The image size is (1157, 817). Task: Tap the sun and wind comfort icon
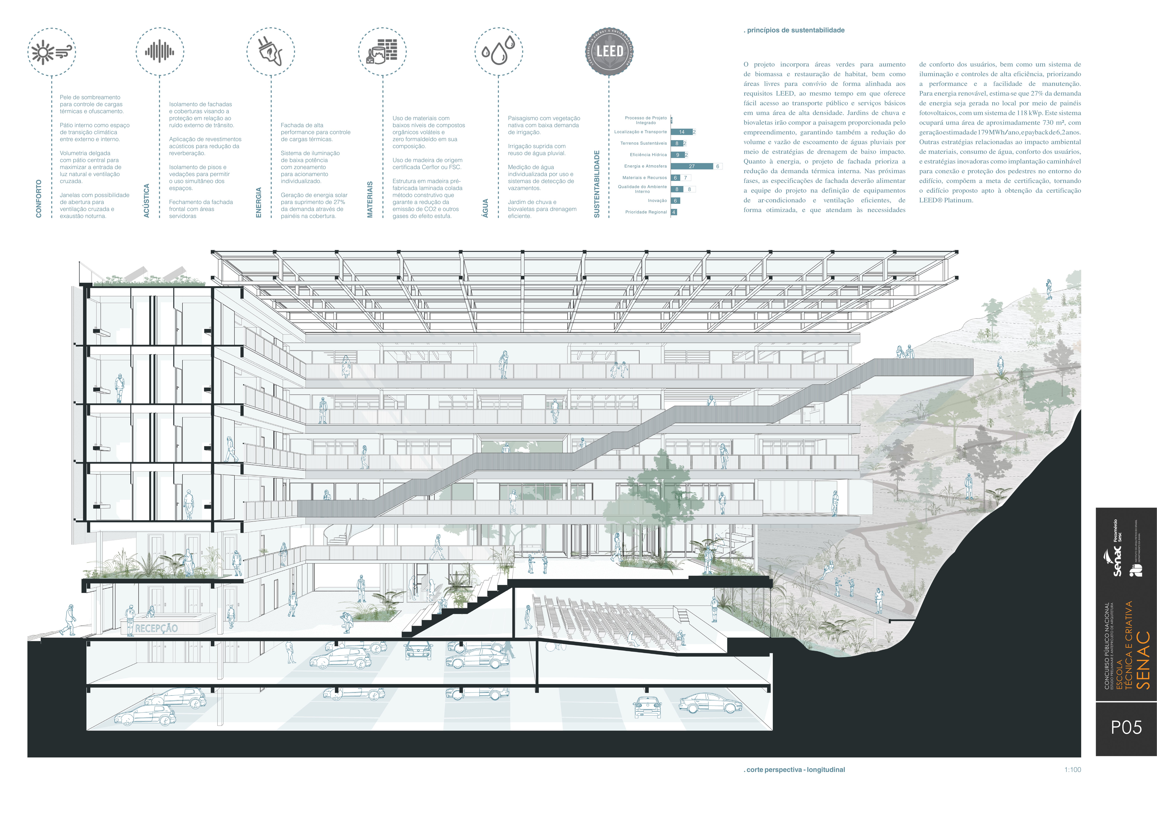(x=51, y=52)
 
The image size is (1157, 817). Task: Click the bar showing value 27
(x=692, y=166)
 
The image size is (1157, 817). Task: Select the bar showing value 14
(x=682, y=132)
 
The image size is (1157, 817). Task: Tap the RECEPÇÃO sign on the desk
(x=156, y=628)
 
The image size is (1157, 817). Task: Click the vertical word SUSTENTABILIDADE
(x=597, y=184)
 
